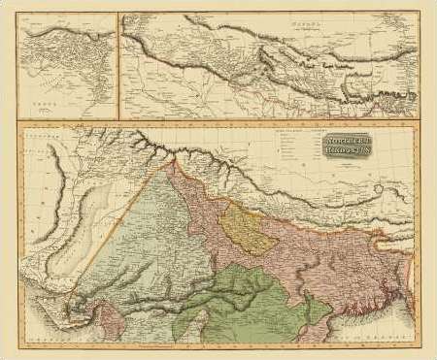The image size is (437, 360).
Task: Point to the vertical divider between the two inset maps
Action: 118,63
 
